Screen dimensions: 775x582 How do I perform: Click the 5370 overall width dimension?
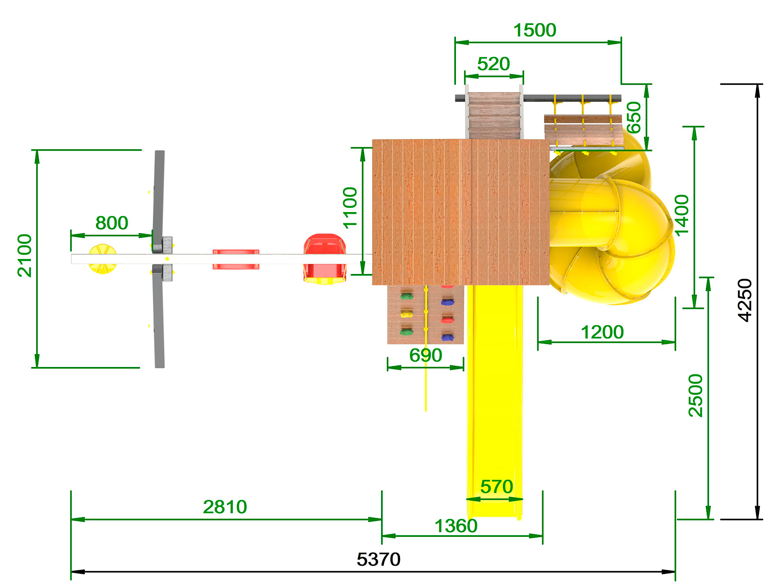[x=378, y=560]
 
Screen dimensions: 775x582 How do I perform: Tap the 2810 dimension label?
[x=225, y=507]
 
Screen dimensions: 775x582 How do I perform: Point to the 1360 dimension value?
[x=456, y=526]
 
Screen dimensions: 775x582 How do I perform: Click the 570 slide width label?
[x=496, y=487]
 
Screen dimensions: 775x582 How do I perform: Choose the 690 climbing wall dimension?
[x=425, y=355]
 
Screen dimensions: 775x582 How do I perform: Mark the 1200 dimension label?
[x=602, y=332]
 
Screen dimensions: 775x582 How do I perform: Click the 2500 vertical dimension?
[x=696, y=395]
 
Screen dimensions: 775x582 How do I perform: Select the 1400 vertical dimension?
[x=682, y=216]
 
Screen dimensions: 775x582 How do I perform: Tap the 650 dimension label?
[x=634, y=117]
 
